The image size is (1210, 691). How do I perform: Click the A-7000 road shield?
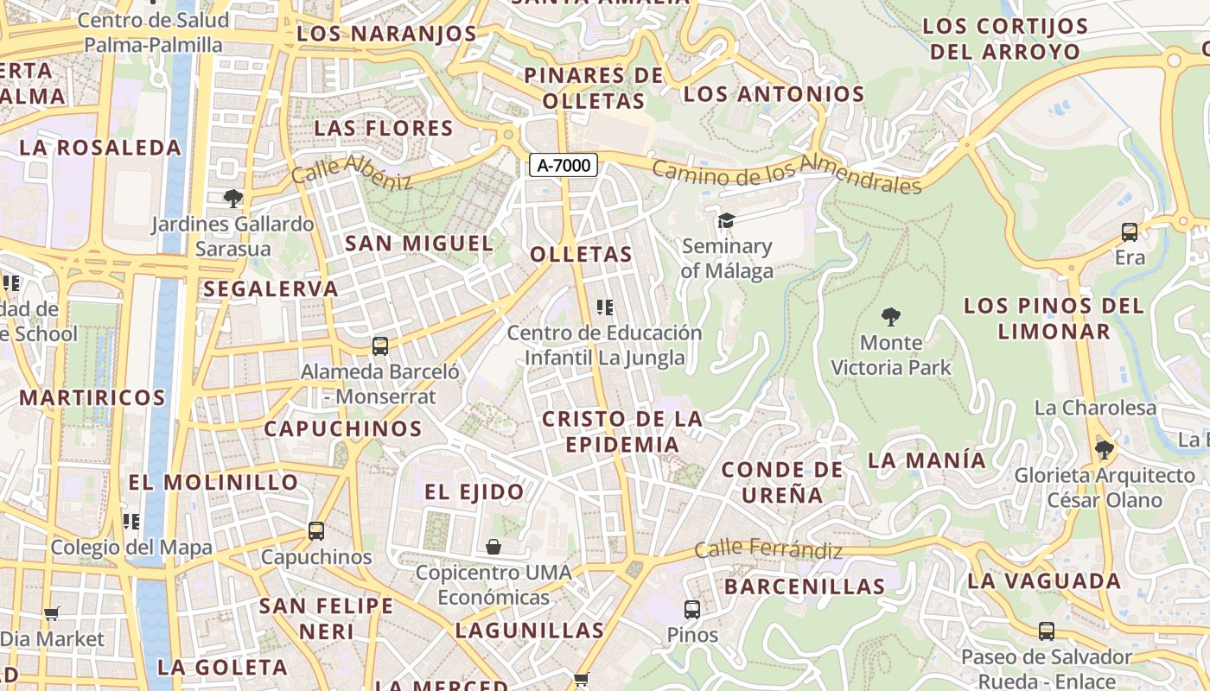point(564,165)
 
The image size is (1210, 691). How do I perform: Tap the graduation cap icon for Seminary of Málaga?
point(726,221)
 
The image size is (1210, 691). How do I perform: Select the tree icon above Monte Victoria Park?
point(890,317)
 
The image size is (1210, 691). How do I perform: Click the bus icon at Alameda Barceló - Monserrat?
point(379,346)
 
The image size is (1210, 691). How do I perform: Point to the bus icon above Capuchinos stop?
point(316,531)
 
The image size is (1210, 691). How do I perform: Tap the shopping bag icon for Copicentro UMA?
point(493,547)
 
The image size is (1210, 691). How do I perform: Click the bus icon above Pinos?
point(691,610)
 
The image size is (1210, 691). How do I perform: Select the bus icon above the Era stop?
point(1129,232)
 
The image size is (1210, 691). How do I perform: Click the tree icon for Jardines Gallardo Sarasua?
point(232,199)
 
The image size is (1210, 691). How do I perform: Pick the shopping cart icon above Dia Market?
point(52,613)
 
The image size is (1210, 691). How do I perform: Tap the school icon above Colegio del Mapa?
point(131,522)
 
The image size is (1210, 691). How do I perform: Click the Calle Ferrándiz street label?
point(767,549)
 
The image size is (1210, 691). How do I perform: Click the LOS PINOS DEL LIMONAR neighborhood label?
point(1054,318)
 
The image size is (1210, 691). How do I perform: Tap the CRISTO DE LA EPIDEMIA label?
point(621,432)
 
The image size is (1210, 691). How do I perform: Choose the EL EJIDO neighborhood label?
point(474,492)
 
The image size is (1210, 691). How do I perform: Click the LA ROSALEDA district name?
point(100,148)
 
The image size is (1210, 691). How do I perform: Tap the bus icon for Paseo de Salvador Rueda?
point(1046,631)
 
